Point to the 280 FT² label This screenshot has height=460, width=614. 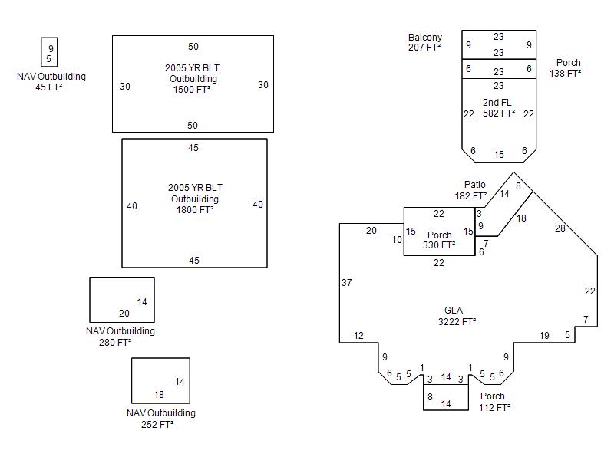coord(115,343)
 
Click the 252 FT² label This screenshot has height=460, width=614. coord(157,424)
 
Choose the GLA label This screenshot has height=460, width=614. coord(454,310)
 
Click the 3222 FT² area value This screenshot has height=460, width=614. coord(457,321)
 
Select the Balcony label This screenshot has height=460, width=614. coord(425,38)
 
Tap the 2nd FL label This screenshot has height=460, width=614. coord(497,103)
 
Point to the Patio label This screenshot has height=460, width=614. coord(475,185)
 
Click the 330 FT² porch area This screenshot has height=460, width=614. coord(439,245)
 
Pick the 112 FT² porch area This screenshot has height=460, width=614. coord(494,407)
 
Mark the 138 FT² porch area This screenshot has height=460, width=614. coord(565,73)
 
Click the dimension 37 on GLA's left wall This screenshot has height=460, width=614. coord(347,283)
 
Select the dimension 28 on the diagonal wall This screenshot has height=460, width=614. coord(560,228)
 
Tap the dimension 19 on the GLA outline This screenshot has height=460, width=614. coord(544,335)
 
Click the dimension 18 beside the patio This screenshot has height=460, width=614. coord(521,219)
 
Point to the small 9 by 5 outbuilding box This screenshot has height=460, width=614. coord(49,53)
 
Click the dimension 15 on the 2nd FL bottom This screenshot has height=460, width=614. coord(499,155)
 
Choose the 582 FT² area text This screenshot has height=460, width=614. coord(499,113)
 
